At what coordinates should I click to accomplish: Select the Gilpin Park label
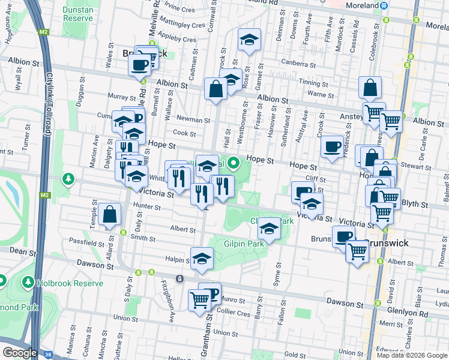244,245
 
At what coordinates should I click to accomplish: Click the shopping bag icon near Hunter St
110,215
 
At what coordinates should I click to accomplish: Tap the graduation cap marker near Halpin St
202,259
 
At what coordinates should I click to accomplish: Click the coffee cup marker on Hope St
332,146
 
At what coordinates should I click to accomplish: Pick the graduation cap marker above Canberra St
249,40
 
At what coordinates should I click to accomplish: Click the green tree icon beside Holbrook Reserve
28,282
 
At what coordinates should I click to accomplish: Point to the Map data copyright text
411,355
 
